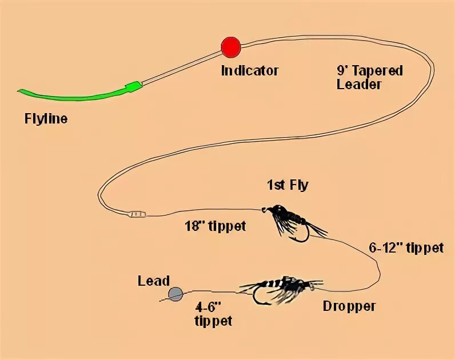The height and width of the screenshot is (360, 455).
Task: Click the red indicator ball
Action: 231,47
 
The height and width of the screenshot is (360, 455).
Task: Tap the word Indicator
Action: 250,71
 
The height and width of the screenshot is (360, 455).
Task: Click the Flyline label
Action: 46,119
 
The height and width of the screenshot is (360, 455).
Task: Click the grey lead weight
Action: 175,294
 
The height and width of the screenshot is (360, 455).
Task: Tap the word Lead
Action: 154,281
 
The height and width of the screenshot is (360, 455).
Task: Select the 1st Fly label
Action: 287,185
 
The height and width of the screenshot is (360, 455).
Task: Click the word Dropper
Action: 349,306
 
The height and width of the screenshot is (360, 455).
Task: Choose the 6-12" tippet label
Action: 406,248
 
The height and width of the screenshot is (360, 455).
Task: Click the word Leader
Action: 359,84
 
